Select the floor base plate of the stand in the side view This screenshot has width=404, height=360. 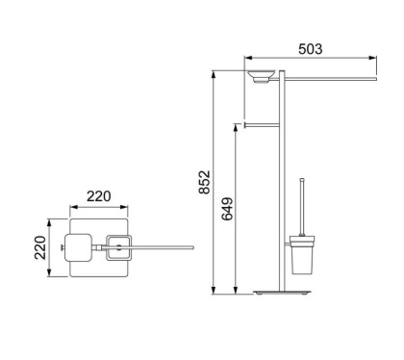[x=286, y=293]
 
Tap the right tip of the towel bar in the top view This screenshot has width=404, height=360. [x=192, y=247]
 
